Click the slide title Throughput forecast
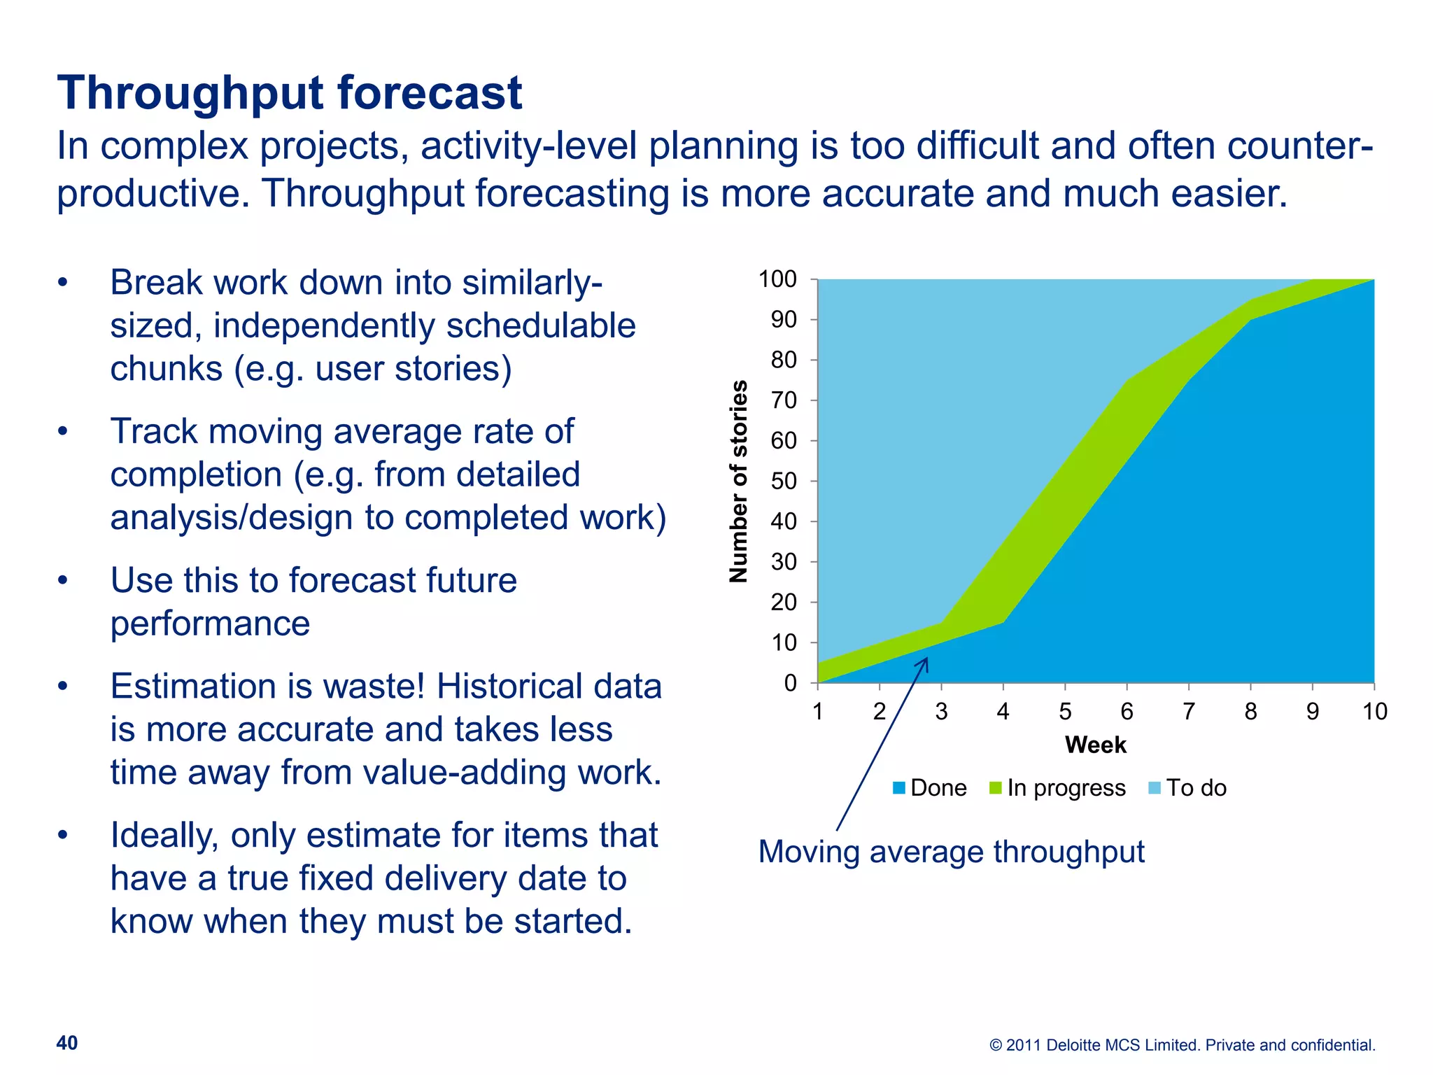click(x=289, y=93)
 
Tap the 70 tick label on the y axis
click(x=784, y=400)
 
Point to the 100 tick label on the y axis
click(x=777, y=279)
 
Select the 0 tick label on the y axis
click(x=790, y=683)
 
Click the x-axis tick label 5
click(x=1065, y=712)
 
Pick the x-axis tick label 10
click(x=1374, y=712)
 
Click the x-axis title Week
click(x=1095, y=745)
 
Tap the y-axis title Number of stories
click(x=738, y=482)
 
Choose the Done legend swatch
click(x=899, y=788)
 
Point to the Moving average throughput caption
click(x=951, y=852)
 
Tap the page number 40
click(x=67, y=1043)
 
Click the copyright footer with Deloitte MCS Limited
click(x=1182, y=1045)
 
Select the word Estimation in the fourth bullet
click(x=195, y=687)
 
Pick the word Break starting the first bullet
click(x=156, y=283)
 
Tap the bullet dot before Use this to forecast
click(x=63, y=580)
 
